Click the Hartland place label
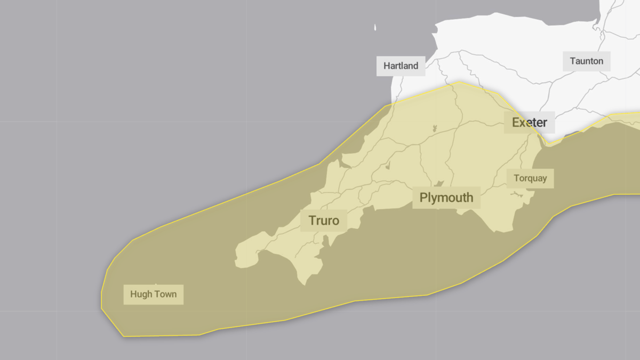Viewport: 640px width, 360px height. pos(401,66)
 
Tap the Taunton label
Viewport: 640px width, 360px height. pos(586,61)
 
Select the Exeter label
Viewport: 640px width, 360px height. pos(529,123)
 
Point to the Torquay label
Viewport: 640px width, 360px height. pos(530,178)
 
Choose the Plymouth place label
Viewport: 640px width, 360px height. pos(446,197)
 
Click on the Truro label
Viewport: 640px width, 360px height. pos(323,220)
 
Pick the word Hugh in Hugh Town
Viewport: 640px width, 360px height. pos(141,294)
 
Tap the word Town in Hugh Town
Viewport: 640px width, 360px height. pos(165,294)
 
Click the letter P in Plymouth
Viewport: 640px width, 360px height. pos(423,197)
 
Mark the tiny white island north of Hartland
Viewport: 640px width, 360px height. pos(375,27)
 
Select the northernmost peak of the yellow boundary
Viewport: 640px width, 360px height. pos(459,82)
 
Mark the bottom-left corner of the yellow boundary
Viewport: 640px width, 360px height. pos(124,336)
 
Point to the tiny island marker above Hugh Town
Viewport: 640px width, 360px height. pos(156,284)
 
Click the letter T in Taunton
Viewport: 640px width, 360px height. pos(573,61)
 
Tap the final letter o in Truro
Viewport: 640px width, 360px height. pos(335,221)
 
